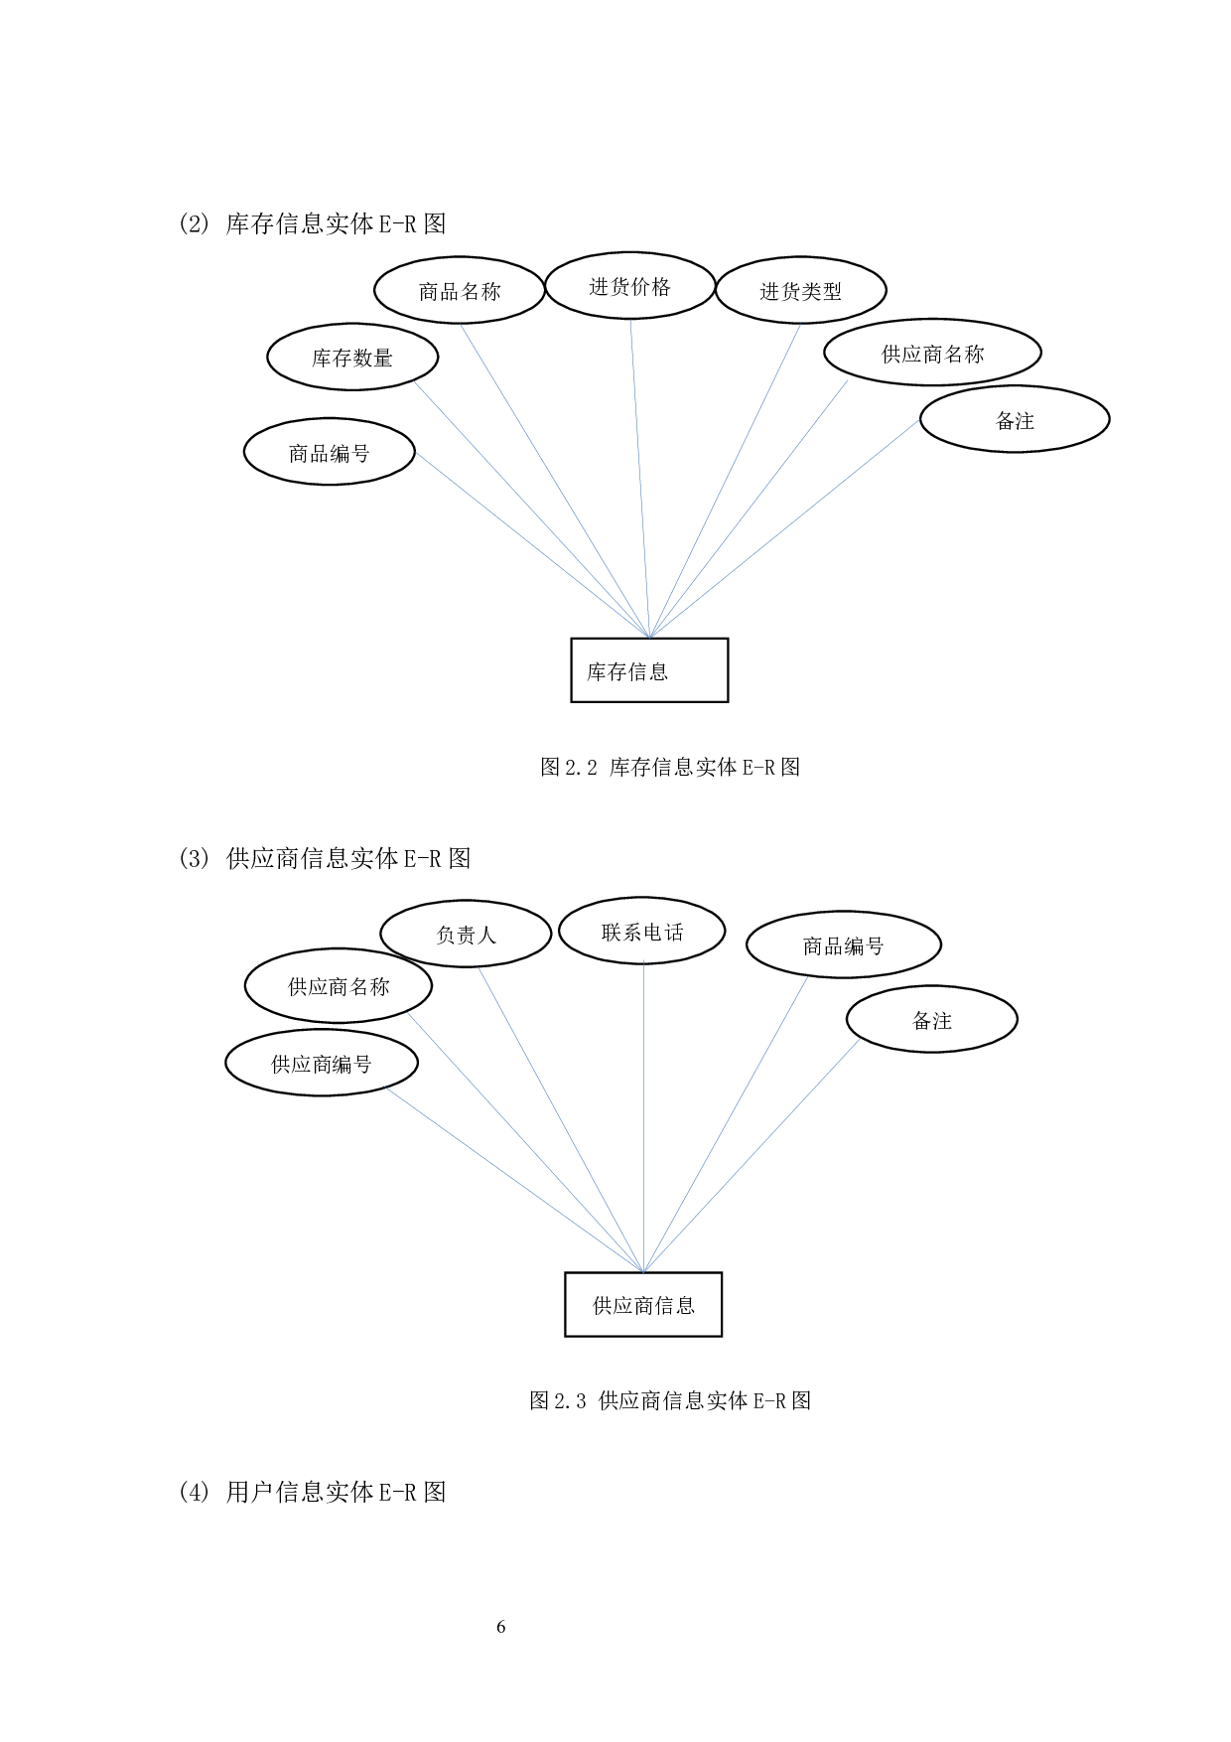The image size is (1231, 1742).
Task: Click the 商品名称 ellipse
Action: pos(460,290)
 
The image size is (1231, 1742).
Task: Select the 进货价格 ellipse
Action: pos(630,286)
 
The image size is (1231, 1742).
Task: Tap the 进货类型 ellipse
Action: pos(800,290)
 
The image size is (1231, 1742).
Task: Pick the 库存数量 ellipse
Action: pos(352,357)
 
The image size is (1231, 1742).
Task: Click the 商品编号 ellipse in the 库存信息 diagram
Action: pos(329,452)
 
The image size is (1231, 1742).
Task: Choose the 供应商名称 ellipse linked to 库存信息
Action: pos(932,353)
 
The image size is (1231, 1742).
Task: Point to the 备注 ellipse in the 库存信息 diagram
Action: pos(1015,419)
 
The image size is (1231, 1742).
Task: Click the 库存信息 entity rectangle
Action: pos(649,670)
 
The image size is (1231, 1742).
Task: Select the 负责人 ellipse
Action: pos(466,934)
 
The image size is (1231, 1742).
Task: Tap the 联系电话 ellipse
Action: pos(642,931)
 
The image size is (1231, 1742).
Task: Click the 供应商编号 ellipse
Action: pos(322,1064)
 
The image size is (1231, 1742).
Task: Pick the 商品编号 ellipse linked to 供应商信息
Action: pos(843,944)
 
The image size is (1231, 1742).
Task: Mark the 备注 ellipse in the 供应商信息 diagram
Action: pos(931,1019)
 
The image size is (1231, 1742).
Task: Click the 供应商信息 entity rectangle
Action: pos(643,1305)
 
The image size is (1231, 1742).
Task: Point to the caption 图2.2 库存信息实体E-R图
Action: pos(670,767)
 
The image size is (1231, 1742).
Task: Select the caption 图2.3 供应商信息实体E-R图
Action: pos(670,1400)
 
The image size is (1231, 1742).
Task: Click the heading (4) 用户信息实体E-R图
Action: pos(313,1492)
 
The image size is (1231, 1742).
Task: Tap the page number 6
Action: pos(501,1627)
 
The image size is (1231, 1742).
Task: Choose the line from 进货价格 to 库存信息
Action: pos(640,477)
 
